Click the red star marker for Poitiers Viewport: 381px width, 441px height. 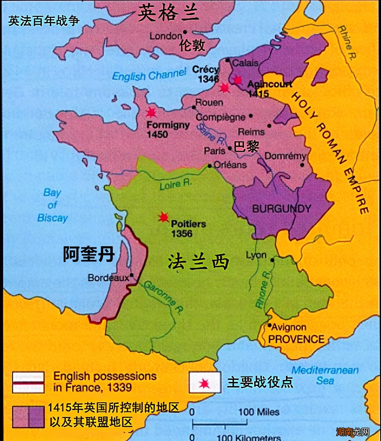[x=163, y=217]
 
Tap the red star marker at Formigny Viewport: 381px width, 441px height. [x=150, y=112]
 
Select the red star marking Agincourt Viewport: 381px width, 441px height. [x=237, y=80]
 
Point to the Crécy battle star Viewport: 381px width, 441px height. [x=224, y=88]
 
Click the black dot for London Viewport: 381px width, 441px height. [x=185, y=32]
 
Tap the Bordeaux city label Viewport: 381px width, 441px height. [x=108, y=278]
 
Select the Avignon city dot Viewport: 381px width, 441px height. [x=270, y=325]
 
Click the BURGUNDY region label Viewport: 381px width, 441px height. [x=282, y=209]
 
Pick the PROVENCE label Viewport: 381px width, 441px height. [x=296, y=339]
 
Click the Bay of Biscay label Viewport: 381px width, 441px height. [x=52, y=205]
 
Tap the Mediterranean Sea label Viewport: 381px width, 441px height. [x=325, y=375]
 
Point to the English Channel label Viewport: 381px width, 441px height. [x=149, y=75]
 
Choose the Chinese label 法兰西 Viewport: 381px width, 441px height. [x=198, y=263]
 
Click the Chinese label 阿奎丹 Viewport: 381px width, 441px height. [x=89, y=255]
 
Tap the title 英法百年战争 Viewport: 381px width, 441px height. [x=44, y=21]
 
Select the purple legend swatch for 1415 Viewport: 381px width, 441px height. [x=28, y=417]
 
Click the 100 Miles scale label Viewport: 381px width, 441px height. [x=259, y=412]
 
